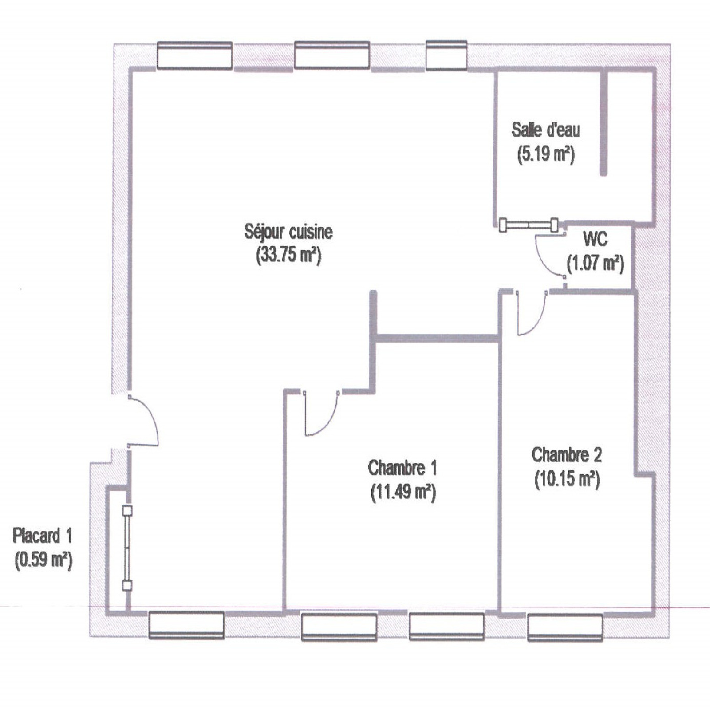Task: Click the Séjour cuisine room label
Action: [x=288, y=232]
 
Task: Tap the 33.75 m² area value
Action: [x=288, y=256]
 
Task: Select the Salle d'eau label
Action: [x=545, y=130]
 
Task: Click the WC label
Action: [x=595, y=240]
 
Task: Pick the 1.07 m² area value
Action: [x=596, y=264]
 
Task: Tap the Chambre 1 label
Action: [x=402, y=468]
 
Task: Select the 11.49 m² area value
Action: [x=403, y=492]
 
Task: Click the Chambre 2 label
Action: [x=567, y=455]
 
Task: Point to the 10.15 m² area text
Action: [x=567, y=479]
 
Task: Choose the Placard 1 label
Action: [x=42, y=536]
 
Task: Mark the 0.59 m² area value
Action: [x=43, y=560]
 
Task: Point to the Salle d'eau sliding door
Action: [x=529, y=225]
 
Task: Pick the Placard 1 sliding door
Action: [x=127, y=548]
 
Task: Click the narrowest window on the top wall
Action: [x=446, y=55]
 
